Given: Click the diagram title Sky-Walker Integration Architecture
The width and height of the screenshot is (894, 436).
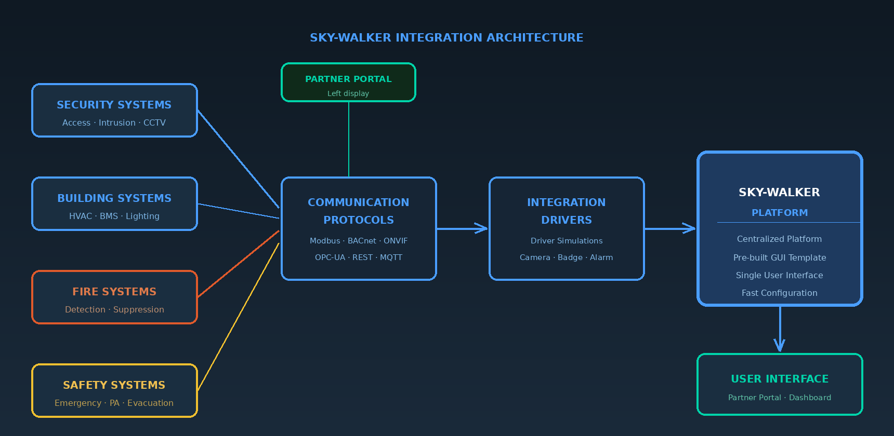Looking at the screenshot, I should [x=446, y=37].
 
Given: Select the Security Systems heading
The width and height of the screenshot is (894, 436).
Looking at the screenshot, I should [x=114, y=105].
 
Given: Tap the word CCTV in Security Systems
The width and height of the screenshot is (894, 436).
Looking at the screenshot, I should [x=154, y=123].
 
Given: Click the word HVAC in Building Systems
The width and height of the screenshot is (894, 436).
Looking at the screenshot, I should [x=81, y=216].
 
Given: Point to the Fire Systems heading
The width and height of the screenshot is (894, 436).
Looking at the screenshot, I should [x=114, y=292].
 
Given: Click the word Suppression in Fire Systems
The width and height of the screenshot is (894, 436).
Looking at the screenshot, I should [x=138, y=310].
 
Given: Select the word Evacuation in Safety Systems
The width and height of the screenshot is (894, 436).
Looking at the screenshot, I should [x=150, y=403].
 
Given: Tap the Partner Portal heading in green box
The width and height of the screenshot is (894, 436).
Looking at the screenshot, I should [x=348, y=79].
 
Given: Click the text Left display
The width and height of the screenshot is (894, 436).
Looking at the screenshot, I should [x=348, y=93].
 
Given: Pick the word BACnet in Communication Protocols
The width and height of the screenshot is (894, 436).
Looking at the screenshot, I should [x=362, y=241].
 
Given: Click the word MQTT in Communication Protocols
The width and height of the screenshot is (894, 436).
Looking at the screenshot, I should [x=391, y=257].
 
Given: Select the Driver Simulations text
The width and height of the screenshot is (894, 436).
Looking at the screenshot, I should [x=566, y=241].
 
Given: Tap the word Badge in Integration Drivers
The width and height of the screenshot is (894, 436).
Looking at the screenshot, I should [x=570, y=257].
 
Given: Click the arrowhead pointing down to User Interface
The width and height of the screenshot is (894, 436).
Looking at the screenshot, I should [x=779, y=345].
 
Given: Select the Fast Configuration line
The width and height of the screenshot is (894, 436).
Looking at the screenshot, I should [x=779, y=293].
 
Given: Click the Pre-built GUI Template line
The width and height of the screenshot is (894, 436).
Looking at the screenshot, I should [x=779, y=258].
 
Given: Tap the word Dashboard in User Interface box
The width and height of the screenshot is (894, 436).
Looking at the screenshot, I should [x=810, y=398].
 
